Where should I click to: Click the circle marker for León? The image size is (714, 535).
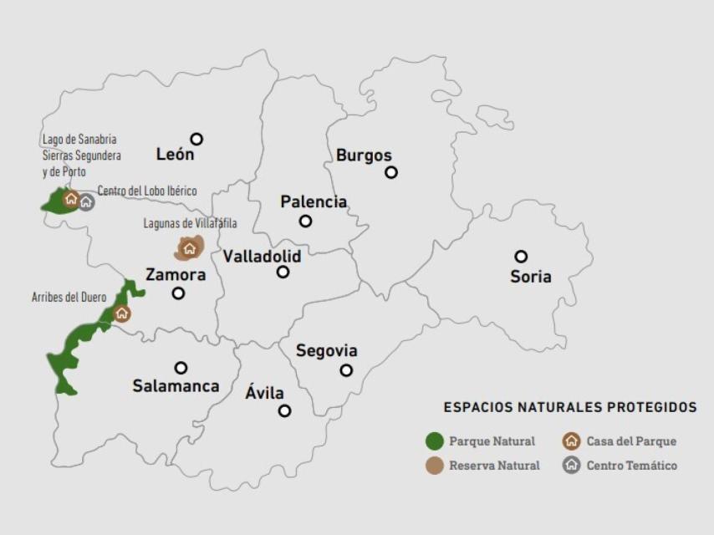(196, 139)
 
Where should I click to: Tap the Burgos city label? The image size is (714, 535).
(364, 155)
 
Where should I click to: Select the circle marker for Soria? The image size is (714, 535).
(521, 257)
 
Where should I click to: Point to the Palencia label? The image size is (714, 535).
(314, 202)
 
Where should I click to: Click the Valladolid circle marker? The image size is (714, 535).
(283, 272)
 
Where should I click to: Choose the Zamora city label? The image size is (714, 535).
(176, 275)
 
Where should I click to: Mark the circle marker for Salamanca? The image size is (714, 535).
(181, 368)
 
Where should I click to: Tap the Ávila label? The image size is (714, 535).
(265, 393)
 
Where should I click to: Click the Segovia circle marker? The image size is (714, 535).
(346, 370)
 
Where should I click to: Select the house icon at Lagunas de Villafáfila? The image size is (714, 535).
(189, 248)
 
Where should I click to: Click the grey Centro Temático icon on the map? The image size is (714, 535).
(86, 201)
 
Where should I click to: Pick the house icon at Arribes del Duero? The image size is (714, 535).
(122, 313)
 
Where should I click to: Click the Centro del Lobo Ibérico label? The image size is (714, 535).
(147, 191)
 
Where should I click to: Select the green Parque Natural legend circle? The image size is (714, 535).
(434, 441)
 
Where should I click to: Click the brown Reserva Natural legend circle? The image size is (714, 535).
(434, 466)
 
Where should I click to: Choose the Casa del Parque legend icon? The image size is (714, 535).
(572, 441)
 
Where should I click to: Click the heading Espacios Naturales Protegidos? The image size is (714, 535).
(569, 408)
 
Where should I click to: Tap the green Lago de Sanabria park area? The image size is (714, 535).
(54, 201)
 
